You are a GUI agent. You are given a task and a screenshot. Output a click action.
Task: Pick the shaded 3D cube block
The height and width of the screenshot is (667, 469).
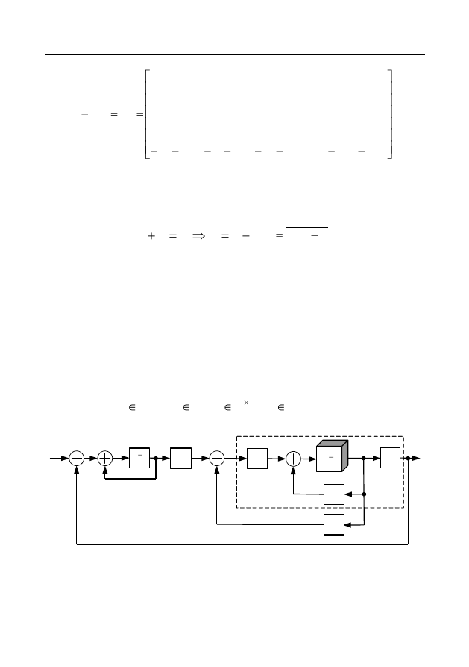333,456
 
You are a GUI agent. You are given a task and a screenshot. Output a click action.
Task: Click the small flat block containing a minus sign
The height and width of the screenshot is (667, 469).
139,458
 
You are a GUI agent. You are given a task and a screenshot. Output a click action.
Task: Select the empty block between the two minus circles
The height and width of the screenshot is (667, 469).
180,458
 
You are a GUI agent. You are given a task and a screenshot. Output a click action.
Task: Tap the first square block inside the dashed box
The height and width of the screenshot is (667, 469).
257,459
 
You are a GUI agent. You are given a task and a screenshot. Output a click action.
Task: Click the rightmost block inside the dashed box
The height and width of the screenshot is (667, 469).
390,458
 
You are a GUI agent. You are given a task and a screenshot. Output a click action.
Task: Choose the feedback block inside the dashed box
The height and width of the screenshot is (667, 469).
334,494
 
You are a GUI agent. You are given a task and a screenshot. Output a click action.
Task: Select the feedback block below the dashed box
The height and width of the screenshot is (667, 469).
334,524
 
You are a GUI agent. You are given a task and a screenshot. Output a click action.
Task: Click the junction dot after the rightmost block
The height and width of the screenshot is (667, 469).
408,458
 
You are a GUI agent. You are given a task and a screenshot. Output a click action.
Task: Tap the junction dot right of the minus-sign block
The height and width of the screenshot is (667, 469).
156,458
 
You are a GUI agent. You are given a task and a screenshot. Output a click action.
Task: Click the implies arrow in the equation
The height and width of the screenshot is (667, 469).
198,236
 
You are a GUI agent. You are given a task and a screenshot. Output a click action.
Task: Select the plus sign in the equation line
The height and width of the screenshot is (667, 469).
151,236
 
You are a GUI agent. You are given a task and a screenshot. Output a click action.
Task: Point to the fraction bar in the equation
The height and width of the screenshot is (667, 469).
307,228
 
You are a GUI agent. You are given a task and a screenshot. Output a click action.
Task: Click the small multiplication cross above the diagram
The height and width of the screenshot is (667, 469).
246,403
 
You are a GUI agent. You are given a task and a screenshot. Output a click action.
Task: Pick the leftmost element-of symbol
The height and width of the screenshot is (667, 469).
132,408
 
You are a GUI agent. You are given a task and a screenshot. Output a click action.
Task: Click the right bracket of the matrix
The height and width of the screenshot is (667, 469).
390,114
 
